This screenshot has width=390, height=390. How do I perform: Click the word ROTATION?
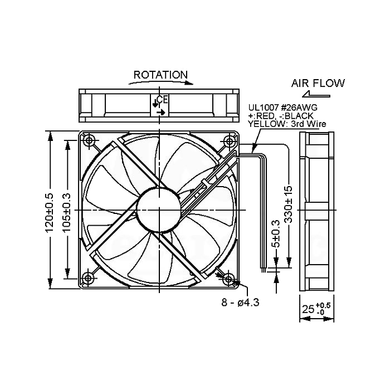160,75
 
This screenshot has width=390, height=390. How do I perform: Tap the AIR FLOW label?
318,83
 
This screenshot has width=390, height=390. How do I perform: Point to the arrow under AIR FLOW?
316,94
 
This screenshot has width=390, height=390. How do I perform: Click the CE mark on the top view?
163,100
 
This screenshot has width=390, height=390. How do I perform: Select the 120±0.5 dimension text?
50,213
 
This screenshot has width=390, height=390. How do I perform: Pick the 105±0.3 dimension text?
67,213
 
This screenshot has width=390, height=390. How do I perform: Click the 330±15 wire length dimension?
289,204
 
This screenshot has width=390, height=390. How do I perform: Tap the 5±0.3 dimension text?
276,234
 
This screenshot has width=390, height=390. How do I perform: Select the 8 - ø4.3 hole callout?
240,303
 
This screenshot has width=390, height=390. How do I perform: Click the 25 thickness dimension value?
308,309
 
